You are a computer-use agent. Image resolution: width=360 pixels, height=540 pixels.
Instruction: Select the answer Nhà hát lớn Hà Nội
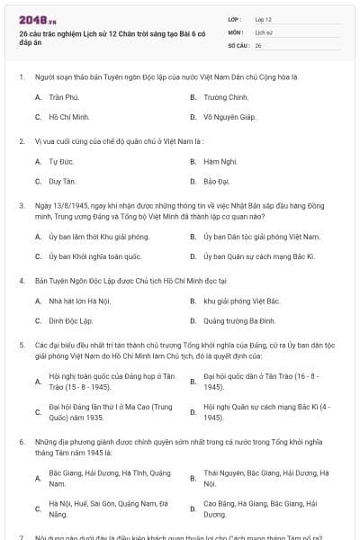point(79,301)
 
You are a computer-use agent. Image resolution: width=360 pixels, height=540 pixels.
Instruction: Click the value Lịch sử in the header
point(265,31)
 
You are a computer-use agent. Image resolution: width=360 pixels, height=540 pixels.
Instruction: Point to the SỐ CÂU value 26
point(258,44)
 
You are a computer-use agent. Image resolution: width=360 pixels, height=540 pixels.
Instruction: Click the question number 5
point(21,345)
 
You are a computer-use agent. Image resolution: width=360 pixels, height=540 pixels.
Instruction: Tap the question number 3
point(21,205)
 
